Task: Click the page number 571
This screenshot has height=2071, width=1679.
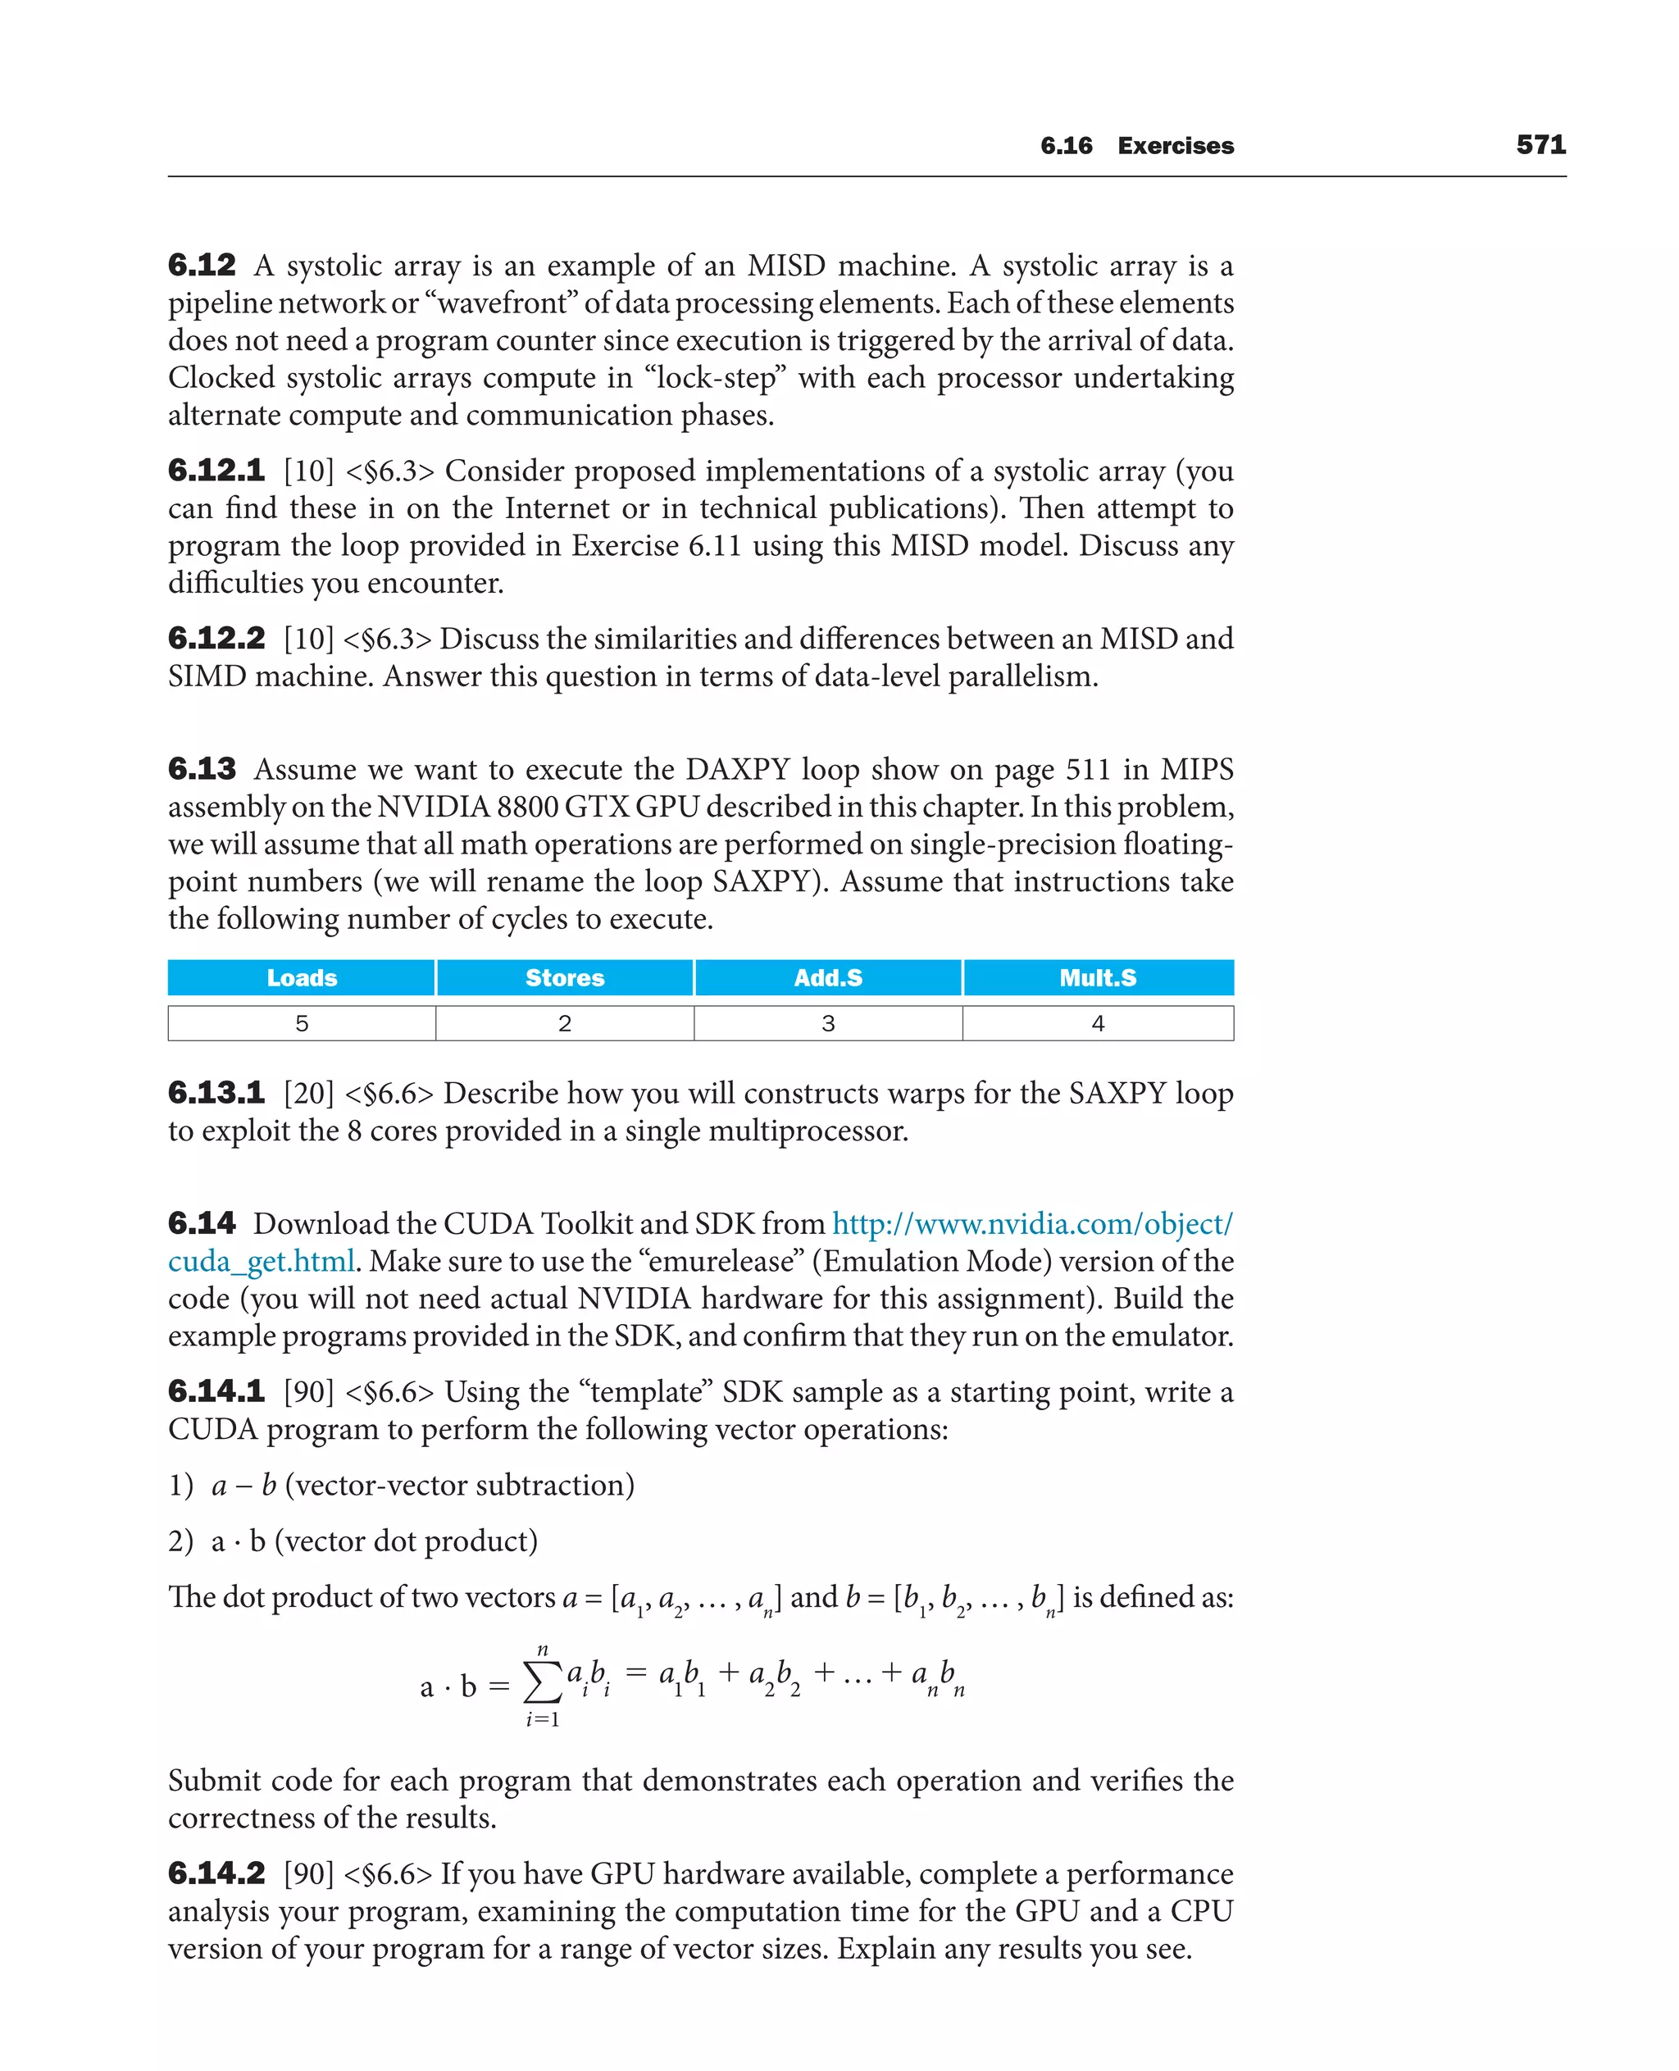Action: [x=1540, y=145]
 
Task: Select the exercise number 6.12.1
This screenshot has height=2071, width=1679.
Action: [x=216, y=471]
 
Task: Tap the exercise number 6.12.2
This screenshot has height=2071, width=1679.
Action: [x=216, y=639]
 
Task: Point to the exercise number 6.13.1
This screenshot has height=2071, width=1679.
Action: [x=216, y=1093]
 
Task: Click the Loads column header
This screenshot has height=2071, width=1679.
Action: [x=302, y=978]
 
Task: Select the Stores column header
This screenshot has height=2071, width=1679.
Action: [x=565, y=978]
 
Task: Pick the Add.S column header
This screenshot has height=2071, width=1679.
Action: [x=828, y=978]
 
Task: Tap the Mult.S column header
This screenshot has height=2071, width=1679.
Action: [x=1098, y=978]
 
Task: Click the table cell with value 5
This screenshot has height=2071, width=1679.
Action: [x=302, y=1023]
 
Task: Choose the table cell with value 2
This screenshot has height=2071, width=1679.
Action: [x=565, y=1023]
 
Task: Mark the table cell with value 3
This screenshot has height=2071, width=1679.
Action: [x=828, y=1023]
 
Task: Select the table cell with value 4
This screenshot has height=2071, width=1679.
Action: [x=1098, y=1023]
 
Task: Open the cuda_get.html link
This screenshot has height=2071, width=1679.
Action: [x=262, y=1261]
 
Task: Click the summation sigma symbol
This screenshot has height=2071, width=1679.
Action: [x=542, y=1683]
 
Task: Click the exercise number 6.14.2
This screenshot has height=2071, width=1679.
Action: [x=216, y=1873]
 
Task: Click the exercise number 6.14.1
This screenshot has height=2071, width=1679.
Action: [x=216, y=1392]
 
